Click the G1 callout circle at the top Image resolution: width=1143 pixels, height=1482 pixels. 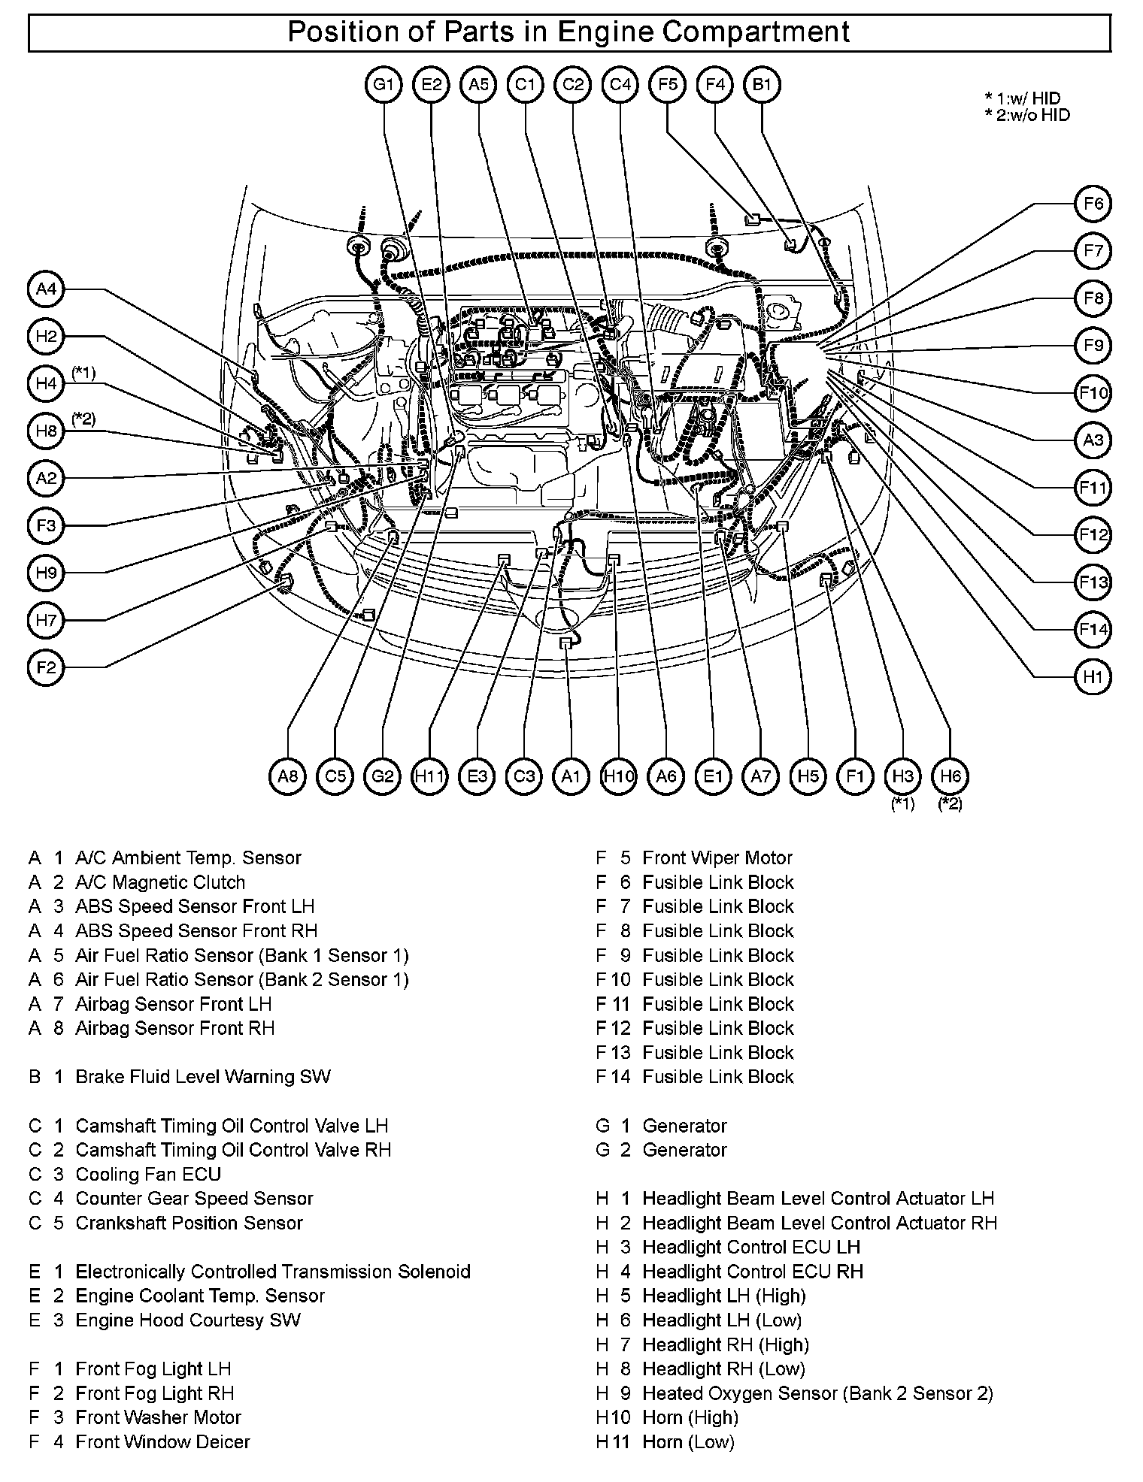pos(384,85)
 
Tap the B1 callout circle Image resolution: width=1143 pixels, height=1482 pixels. pos(762,85)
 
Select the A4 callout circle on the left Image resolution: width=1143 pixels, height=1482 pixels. pos(47,289)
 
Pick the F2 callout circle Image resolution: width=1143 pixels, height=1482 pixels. pos(47,667)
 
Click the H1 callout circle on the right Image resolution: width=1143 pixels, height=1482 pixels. pos(1092,677)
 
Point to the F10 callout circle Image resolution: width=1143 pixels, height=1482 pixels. pos(1092,393)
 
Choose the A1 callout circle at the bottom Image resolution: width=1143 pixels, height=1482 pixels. pos(571,776)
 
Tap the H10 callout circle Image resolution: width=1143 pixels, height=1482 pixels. pos(619,776)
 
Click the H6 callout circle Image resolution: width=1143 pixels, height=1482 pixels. pos(950,776)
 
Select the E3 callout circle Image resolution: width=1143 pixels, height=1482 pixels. pos(477,776)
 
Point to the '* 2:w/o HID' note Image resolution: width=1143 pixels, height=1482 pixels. pos(1027,115)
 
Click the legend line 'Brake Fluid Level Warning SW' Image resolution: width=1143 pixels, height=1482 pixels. pos(203,1076)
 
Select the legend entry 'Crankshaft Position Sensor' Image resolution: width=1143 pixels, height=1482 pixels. pos(189,1223)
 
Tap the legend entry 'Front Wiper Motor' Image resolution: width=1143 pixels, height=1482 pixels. pos(717,857)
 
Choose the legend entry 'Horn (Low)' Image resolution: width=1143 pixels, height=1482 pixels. pos(688,1441)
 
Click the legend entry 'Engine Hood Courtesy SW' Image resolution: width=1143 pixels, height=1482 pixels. pos(188,1320)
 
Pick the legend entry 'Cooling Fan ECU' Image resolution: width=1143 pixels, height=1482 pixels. pos(148,1174)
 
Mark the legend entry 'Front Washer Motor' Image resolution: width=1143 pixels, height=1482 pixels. pos(158,1417)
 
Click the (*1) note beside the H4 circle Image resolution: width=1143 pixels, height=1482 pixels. pos(83,373)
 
